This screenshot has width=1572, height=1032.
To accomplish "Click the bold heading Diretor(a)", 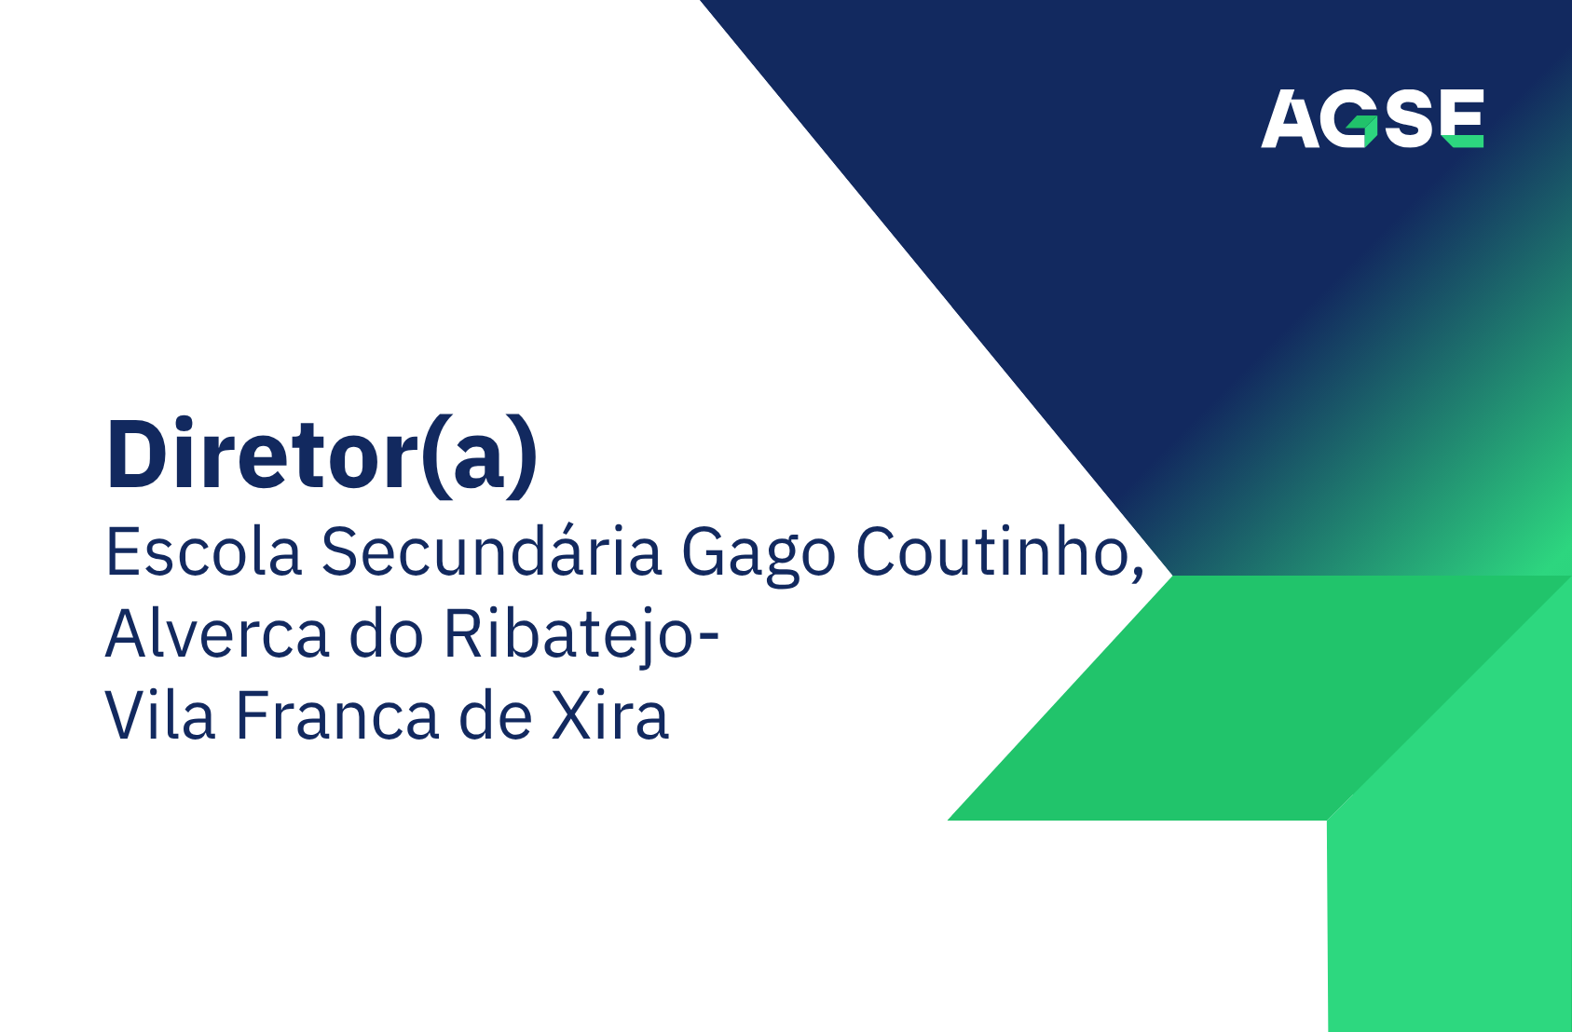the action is coord(321,456).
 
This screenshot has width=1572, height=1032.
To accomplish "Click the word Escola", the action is coord(203,552).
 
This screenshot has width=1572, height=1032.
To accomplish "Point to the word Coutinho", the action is coord(991,551).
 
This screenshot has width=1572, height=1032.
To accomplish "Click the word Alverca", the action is coord(217,633).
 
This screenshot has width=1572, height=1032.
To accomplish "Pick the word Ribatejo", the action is coord(568,637).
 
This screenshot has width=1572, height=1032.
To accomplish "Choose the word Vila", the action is coord(160,715).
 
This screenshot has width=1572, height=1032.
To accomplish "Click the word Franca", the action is coord(337,715).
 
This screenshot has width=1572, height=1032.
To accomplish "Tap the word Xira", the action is coord(609,715).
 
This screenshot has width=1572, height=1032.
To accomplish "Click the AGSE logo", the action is coord(1373,118).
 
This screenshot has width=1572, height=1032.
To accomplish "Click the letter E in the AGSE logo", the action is coord(1462,118).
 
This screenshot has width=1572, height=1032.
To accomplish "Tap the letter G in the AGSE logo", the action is coord(1349,118).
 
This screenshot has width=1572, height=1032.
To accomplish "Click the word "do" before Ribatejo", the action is coord(386,633).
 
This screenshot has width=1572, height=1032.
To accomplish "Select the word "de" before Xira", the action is coord(496,715).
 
